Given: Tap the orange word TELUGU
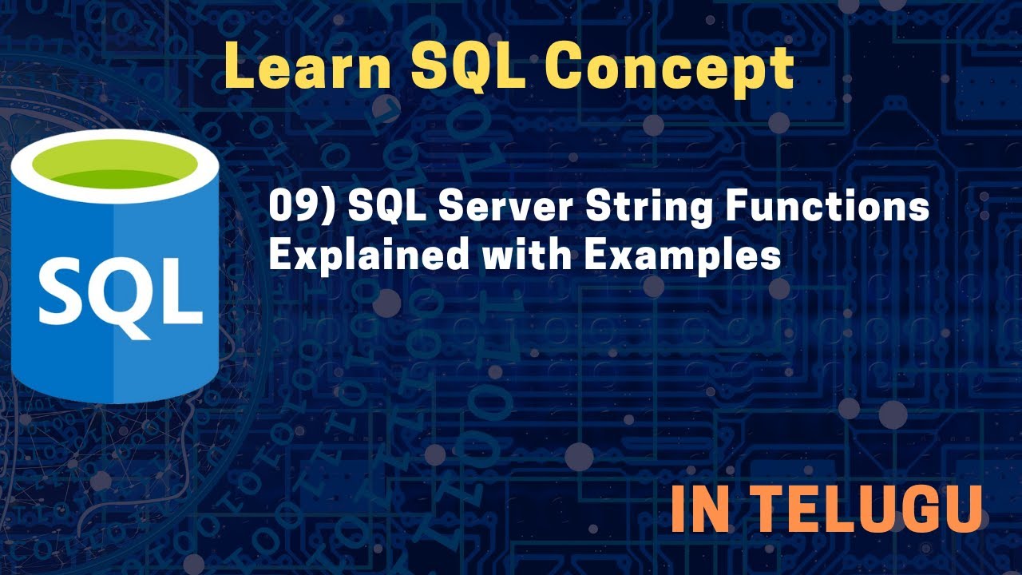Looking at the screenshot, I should point(868,510).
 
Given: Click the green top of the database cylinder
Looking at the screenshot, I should point(114,169).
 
